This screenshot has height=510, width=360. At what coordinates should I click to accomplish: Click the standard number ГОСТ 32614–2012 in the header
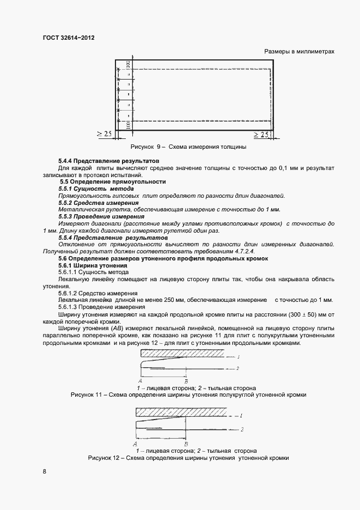(64, 39)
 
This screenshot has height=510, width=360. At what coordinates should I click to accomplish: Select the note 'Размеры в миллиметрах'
(299, 52)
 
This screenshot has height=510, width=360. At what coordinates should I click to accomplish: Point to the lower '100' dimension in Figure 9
(128, 125)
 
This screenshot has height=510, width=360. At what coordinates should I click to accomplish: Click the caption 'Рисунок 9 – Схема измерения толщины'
(188, 147)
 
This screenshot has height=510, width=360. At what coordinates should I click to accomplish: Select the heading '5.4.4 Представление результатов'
(108, 162)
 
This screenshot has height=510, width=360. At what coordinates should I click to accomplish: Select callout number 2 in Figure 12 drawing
(241, 430)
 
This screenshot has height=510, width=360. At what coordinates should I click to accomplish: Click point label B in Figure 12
(187, 444)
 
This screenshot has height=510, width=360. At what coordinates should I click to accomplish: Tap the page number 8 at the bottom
(45, 471)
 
